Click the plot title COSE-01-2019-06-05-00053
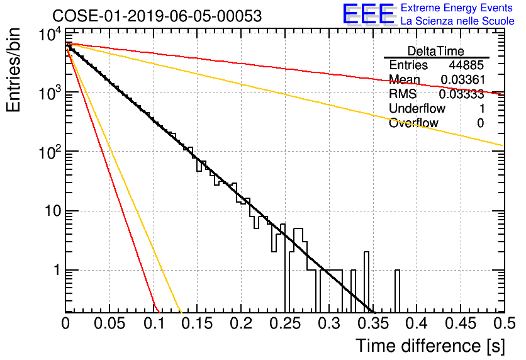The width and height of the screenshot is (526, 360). pyautogui.click(x=157, y=16)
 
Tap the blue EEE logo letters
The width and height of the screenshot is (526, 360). pyautogui.click(x=369, y=14)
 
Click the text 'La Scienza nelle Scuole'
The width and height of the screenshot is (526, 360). pyautogui.click(x=457, y=21)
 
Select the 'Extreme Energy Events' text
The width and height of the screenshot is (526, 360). pyautogui.click(x=457, y=8)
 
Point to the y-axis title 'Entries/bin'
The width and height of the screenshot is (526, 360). pyautogui.click(x=13, y=70)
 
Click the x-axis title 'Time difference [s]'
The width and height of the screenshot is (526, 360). pyautogui.click(x=430, y=346)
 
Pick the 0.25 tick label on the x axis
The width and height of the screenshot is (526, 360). pyautogui.click(x=286, y=323)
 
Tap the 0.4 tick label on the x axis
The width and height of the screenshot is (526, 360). pyautogui.click(x=417, y=323)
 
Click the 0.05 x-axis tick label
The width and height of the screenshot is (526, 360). pyautogui.click(x=109, y=323)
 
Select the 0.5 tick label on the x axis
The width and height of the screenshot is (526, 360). pyautogui.click(x=504, y=323)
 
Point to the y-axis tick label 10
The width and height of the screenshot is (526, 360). pyautogui.click(x=52, y=211)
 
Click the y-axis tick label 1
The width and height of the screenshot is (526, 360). pyautogui.click(x=57, y=270)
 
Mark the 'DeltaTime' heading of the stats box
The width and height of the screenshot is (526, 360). pyautogui.click(x=436, y=51)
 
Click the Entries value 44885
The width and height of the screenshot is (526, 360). pyautogui.click(x=466, y=65)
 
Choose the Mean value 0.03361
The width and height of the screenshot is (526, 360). pyautogui.click(x=463, y=79)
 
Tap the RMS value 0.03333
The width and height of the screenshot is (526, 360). pyautogui.click(x=462, y=94)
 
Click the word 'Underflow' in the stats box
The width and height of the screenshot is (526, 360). pyautogui.click(x=417, y=108)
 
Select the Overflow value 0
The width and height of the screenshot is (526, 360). pyautogui.click(x=481, y=123)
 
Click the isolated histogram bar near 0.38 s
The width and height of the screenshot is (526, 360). pyautogui.click(x=397, y=291)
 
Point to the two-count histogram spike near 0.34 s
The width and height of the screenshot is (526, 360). pyautogui.click(x=367, y=282)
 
